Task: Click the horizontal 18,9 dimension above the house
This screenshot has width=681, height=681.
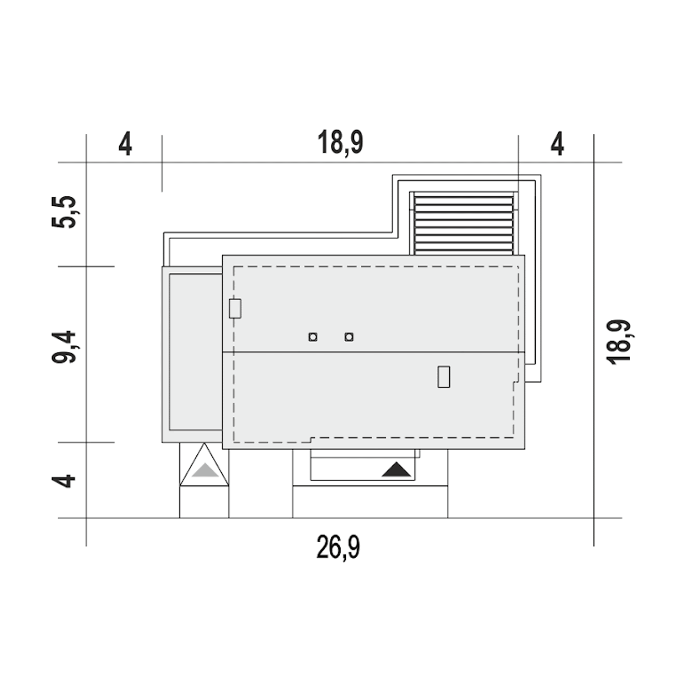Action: pos(340,143)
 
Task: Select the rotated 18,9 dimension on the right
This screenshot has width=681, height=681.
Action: pos(618,342)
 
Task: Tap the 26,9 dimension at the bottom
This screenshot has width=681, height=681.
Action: pos(338,547)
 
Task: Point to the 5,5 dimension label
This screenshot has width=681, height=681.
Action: pos(64,212)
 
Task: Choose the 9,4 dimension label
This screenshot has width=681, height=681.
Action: pos(64,347)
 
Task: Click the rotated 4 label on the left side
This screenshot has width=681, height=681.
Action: pos(64,481)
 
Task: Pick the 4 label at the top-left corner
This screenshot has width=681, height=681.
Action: pos(125,144)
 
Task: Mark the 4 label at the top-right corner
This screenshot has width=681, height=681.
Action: pos(558,144)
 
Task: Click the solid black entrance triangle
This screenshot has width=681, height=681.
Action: pos(396,469)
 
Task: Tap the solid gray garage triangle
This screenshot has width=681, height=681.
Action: pos(205,470)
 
